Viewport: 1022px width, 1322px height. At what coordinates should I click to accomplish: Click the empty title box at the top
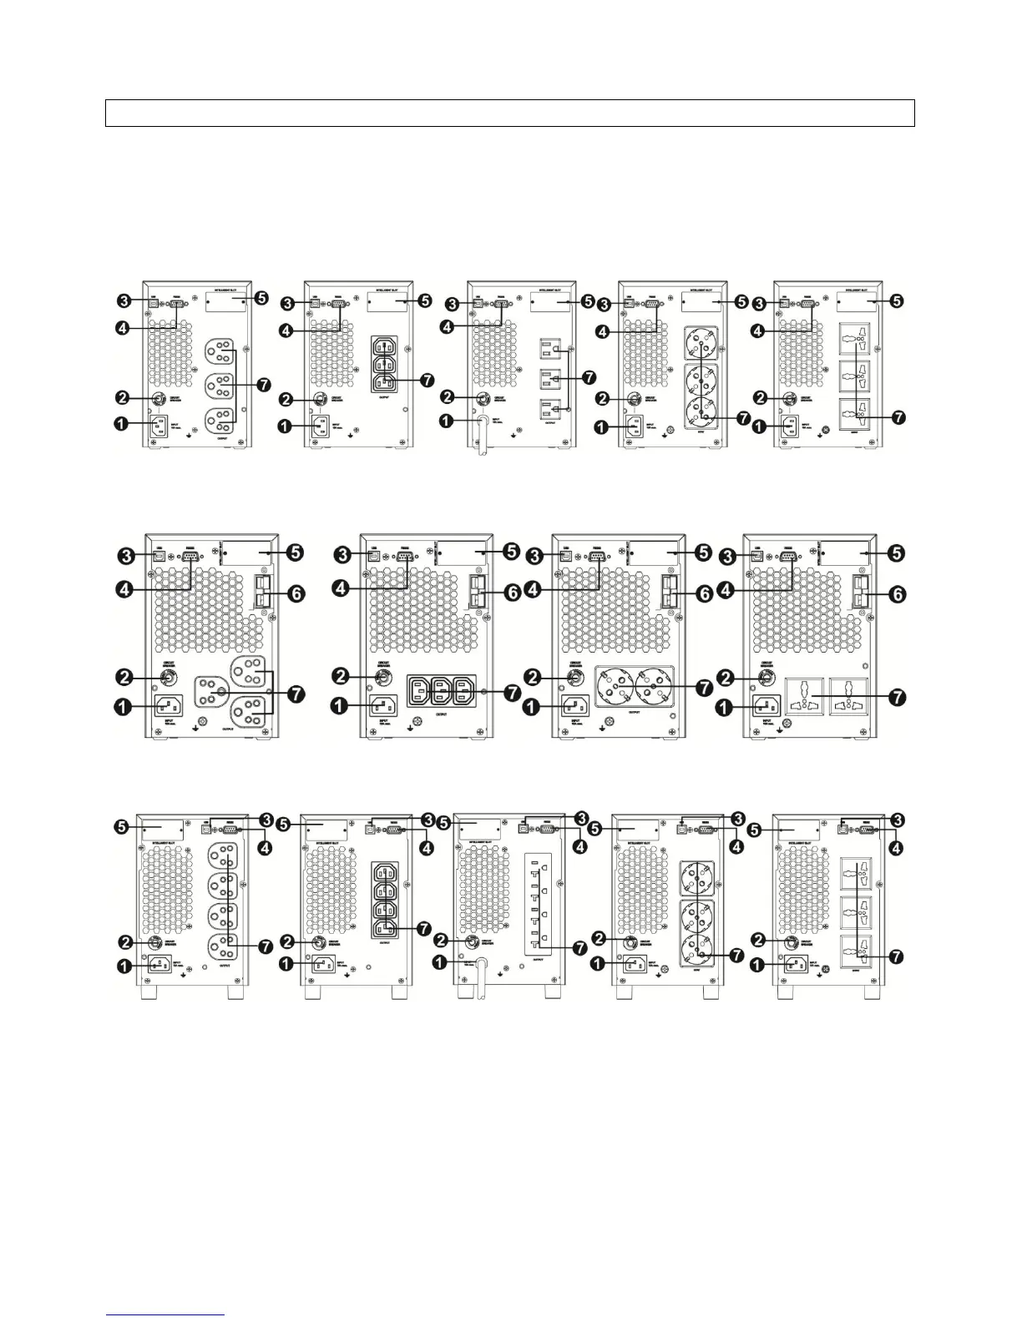[x=509, y=113]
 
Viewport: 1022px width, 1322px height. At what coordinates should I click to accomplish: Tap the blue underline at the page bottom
[x=166, y=1315]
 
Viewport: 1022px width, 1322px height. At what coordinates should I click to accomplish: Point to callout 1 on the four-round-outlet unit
[x=124, y=963]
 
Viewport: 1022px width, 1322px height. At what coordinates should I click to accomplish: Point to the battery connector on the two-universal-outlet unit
[x=859, y=591]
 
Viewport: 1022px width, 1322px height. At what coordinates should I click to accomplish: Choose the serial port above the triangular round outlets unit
[x=188, y=558]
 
